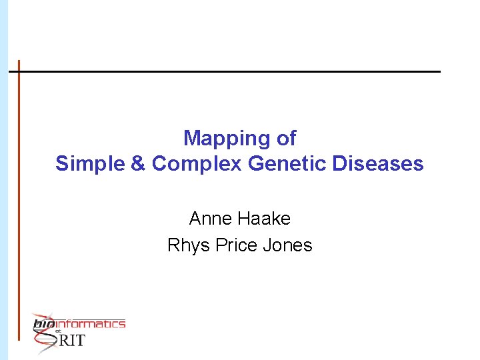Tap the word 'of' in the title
point(285,138)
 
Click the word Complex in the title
point(189,164)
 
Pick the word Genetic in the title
point(277,163)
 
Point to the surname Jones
point(287,245)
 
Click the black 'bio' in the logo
point(43,325)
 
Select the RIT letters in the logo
point(73,341)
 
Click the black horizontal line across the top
point(227,71)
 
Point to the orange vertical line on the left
point(19,200)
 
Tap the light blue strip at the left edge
point(3,180)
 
